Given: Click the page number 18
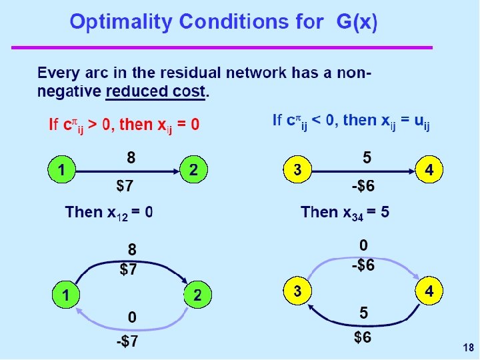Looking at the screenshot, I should click(x=467, y=347).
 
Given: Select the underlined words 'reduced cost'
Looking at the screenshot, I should click(x=157, y=91).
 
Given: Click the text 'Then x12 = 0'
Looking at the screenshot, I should click(x=109, y=212).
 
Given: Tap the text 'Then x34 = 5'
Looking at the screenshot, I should click(x=345, y=212).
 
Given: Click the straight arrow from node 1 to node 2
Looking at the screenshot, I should click(x=127, y=171).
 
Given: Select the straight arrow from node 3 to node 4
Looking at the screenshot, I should click(x=363, y=171).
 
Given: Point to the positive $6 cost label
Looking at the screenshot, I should click(x=363, y=337).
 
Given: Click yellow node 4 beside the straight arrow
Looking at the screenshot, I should click(x=429, y=171).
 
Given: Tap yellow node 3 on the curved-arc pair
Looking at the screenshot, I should click(x=297, y=291).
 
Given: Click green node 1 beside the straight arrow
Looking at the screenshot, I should click(x=61, y=171).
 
